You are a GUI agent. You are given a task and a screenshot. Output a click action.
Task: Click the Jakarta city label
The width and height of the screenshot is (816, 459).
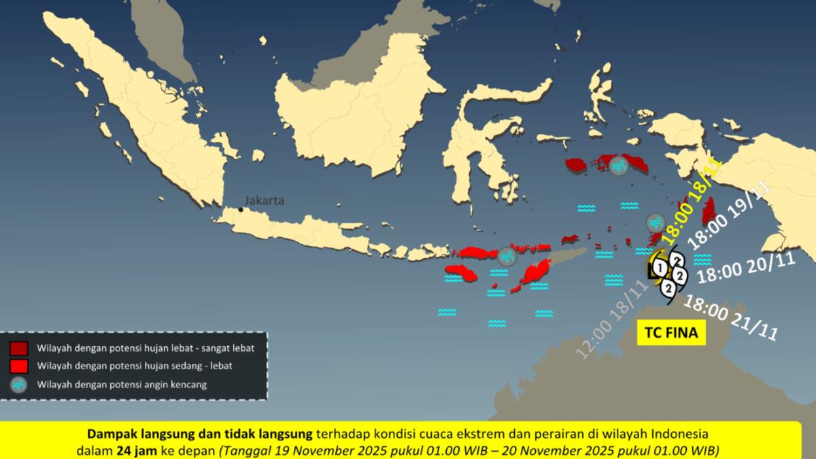tap(265, 201)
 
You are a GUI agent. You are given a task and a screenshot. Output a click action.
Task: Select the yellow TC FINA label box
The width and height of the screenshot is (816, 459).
tap(670, 333)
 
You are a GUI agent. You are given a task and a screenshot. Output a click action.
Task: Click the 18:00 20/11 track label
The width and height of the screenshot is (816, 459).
tap(747, 267)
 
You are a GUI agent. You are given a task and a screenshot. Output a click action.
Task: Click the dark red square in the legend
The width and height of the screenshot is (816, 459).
tap(19, 349)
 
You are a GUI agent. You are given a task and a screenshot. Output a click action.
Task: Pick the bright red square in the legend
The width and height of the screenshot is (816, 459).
tap(19, 367)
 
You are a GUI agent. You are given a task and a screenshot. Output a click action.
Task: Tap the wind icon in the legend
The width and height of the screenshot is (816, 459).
tap(19, 384)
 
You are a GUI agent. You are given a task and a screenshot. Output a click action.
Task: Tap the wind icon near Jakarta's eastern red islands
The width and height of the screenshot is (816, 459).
tap(507, 256)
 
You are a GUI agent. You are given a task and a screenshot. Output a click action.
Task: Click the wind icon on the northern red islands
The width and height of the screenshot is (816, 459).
tap(618, 165)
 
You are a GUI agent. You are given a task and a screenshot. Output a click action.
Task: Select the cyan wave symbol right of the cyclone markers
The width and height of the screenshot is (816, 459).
tap(702, 259)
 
